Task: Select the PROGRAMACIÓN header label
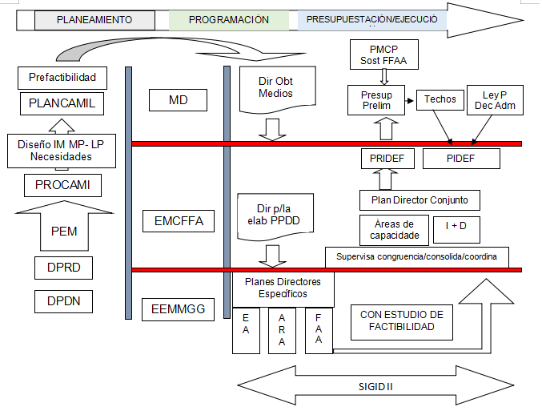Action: tap(229, 20)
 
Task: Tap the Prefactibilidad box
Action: tap(62, 78)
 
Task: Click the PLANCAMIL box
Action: tap(62, 103)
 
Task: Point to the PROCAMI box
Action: tap(62, 185)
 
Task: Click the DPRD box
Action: tap(63, 267)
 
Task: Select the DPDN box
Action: tap(63, 301)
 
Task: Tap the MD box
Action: tap(179, 100)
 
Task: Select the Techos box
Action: tap(440, 99)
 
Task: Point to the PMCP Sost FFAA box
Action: tap(383, 56)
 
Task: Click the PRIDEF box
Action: tap(387, 159)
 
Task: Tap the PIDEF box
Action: tap(460, 159)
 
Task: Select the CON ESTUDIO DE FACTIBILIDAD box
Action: tap(402, 320)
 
